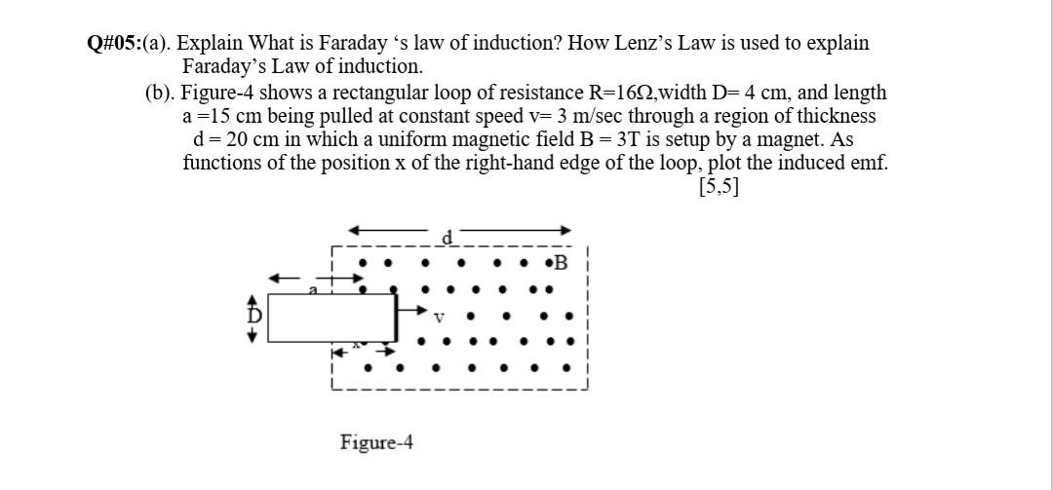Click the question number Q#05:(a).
point(129,43)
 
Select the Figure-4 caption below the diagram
point(376,442)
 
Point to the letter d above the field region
point(448,237)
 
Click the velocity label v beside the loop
point(439,317)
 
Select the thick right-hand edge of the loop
point(396,317)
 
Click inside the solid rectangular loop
point(331,318)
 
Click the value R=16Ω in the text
point(623,93)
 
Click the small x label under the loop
point(358,344)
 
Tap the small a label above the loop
point(314,289)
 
